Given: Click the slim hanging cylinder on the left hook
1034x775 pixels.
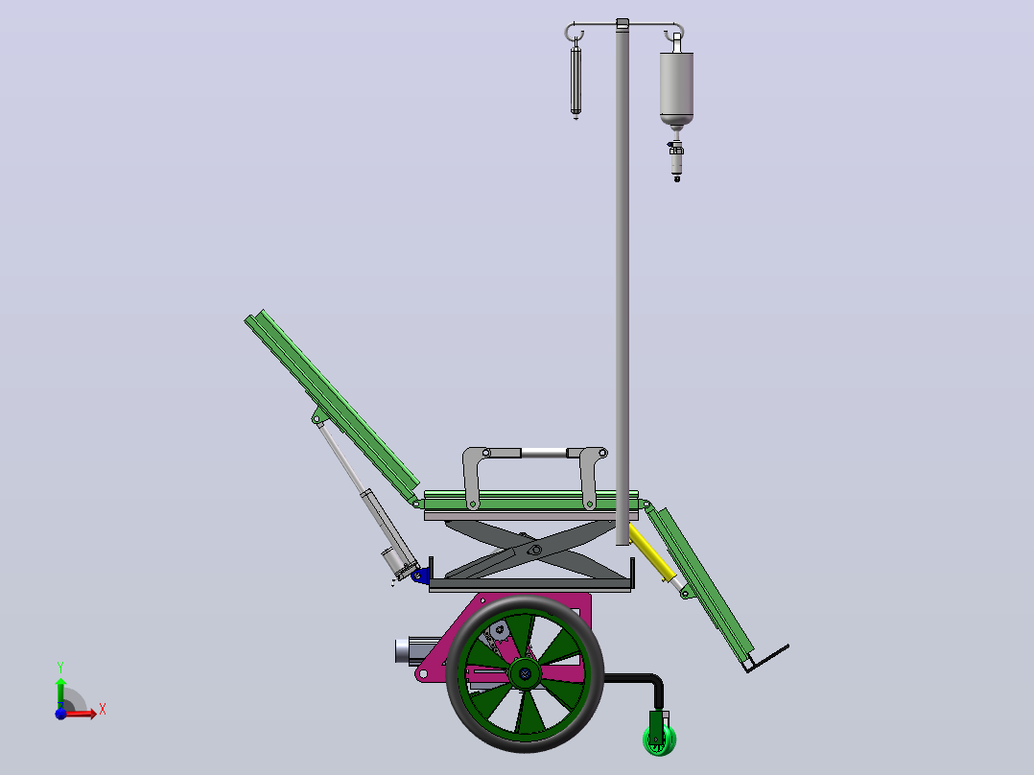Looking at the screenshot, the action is [576, 80].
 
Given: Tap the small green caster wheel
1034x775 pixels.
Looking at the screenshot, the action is [660, 740].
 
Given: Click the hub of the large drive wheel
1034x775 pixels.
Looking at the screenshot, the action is [525, 673].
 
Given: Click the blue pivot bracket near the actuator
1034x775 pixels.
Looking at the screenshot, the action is [420, 575].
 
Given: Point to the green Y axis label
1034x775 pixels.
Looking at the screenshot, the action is [60, 667].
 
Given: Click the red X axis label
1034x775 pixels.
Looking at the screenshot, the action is [103, 710].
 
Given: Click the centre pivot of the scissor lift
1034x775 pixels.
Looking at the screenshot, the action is [535, 551].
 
